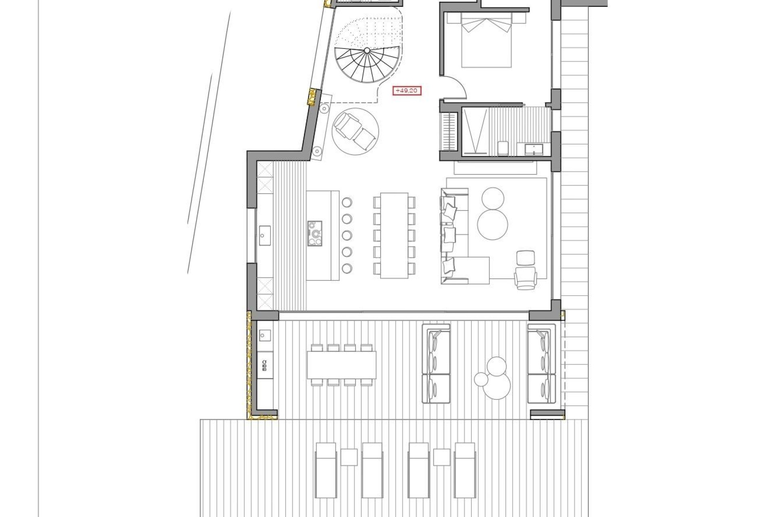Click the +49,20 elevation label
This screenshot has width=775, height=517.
tap(407, 91)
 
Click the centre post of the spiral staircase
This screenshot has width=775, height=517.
tap(367, 50)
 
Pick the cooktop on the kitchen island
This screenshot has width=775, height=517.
tap(315, 233)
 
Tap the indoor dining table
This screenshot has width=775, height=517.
tap(394, 235)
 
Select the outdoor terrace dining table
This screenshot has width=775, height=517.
tap(341, 364)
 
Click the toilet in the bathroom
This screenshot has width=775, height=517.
tap(503, 148)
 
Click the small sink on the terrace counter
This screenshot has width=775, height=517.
tap(265, 335)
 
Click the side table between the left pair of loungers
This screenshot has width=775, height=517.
tap(349, 457)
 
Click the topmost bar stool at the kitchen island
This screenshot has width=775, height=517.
tap(347, 202)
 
